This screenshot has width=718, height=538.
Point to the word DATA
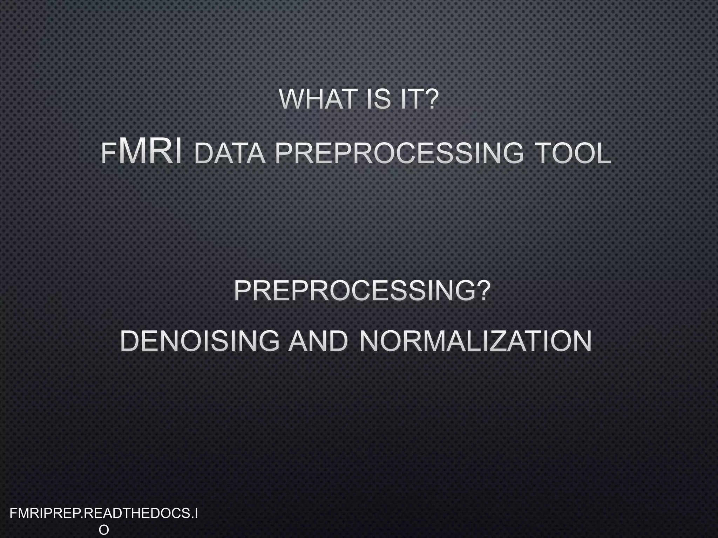[x=230, y=154]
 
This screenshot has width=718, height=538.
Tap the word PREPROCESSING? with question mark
[x=361, y=291]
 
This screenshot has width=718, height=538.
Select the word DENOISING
[x=200, y=341]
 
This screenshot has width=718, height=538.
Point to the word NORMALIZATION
[x=475, y=341]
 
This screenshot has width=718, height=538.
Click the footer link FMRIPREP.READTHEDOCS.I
[x=104, y=514]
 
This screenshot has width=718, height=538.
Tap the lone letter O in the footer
[x=104, y=530]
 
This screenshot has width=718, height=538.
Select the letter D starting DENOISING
[x=130, y=341]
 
